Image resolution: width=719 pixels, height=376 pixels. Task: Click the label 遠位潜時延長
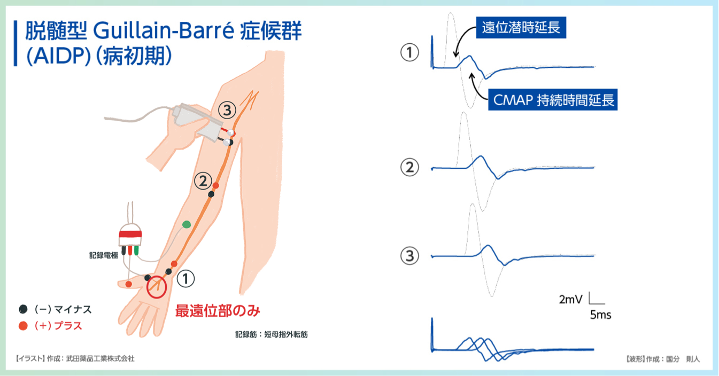[521, 28]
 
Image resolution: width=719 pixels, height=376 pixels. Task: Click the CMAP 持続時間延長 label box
[553, 100]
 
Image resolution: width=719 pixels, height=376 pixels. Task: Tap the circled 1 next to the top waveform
[409, 53]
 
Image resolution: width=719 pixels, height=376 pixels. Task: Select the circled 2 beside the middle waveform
[409, 167]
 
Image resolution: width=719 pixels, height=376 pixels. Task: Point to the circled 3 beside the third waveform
[409, 256]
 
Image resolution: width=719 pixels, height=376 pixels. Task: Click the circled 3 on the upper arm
[227, 110]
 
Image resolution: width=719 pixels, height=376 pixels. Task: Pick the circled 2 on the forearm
[203, 181]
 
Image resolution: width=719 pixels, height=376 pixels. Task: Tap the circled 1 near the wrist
[186, 279]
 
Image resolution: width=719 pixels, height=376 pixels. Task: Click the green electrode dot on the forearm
[187, 224]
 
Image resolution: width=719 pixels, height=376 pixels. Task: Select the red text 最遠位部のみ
[218, 310]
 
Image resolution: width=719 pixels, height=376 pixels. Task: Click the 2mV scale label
[570, 300]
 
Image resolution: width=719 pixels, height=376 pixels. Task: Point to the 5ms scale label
[600, 315]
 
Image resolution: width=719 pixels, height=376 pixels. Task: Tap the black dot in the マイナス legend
[23, 309]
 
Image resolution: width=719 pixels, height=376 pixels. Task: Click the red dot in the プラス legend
[23, 326]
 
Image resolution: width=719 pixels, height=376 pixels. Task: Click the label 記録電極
[104, 255]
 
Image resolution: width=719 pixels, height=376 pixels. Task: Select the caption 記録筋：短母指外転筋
[272, 335]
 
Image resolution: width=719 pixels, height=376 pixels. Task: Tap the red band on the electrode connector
[130, 233]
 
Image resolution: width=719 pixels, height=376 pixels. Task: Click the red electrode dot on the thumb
[129, 284]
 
